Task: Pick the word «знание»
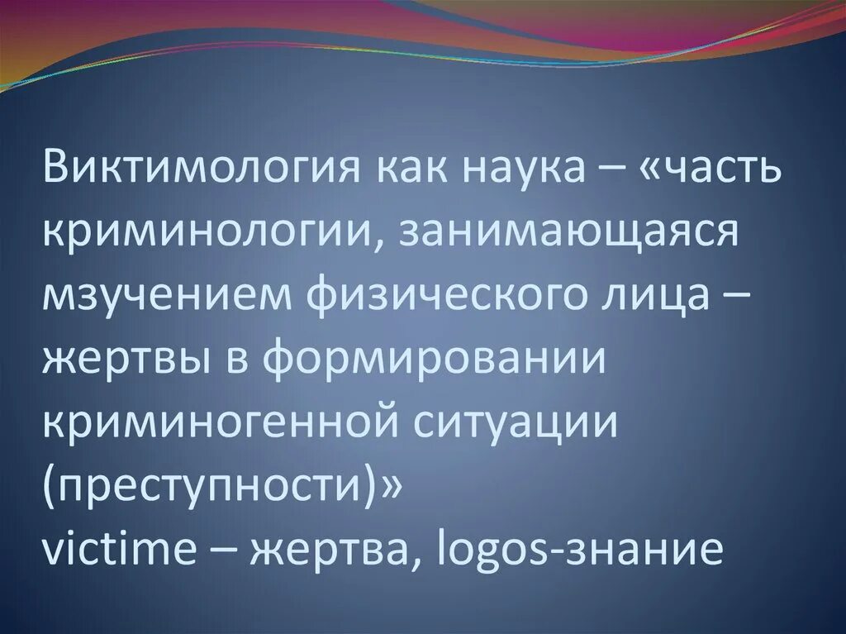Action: (644, 548)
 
